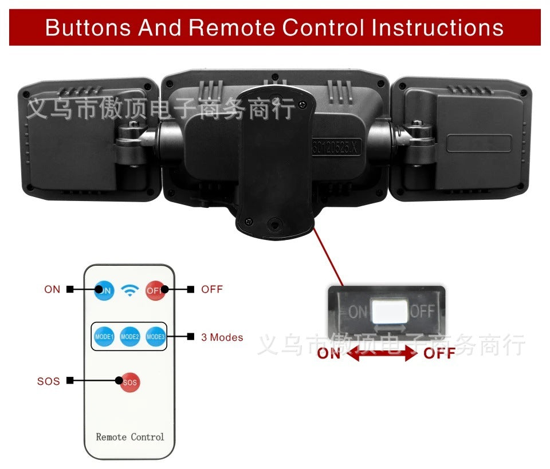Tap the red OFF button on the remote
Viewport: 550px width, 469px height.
coord(155,290)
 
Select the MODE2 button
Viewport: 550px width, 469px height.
coord(130,336)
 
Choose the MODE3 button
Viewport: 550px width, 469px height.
coord(155,336)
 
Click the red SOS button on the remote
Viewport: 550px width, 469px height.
coord(130,382)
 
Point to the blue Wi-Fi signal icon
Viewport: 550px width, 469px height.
coord(131,291)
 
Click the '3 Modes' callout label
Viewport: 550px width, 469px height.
coord(222,337)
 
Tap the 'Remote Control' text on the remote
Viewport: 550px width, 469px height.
coord(130,437)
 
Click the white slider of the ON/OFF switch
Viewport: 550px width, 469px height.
coord(390,312)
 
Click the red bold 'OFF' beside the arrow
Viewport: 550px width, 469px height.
coord(439,353)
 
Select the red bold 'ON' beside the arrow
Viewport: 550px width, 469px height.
coord(329,353)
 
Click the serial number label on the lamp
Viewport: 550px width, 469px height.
coord(337,148)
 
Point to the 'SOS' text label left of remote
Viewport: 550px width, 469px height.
coord(49,381)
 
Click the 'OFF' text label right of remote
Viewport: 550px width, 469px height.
coord(211,289)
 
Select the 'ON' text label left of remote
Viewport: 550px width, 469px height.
coord(52,289)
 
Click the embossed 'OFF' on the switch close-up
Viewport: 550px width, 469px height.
coord(423,312)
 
